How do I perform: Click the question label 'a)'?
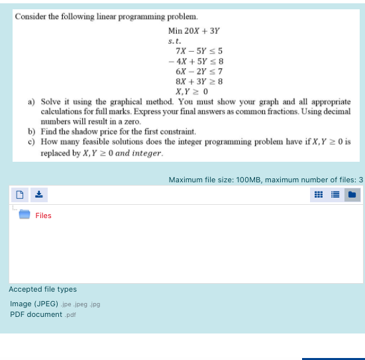click(x=31, y=103)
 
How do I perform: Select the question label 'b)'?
click(x=31, y=132)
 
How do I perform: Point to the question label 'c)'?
click(x=31, y=142)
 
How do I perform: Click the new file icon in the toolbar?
click(x=20, y=195)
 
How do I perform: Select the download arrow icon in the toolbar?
click(x=38, y=195)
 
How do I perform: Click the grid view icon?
click(x=319, y=195)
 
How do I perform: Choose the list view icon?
click(x=335, y=195)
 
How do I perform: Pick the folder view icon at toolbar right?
click(x=352, y=195)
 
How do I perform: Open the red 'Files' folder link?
click(x=43, y=215)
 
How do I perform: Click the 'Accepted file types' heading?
click(x=42, y=289)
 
